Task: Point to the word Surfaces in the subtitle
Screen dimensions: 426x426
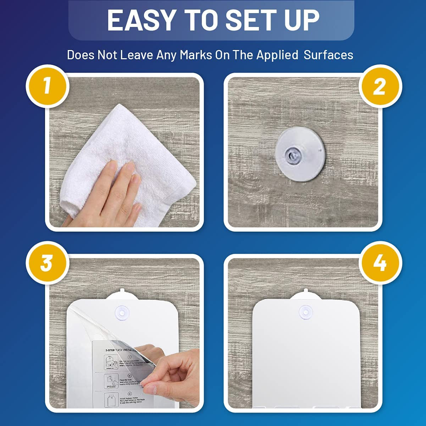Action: coord(328,55)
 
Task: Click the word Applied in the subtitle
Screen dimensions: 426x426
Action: coord(277,55)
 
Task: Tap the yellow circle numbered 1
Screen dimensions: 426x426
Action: coord(47,86)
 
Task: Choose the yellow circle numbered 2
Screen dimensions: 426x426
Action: coord(380,86)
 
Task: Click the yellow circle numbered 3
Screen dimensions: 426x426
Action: coord(47,263)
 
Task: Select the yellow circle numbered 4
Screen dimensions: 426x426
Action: coord(380,263)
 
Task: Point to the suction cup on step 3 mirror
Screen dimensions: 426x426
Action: coord(122,312)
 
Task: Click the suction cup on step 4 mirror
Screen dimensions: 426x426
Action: coord(305,312)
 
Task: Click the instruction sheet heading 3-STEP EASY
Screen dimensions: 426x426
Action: coord(121,350)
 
